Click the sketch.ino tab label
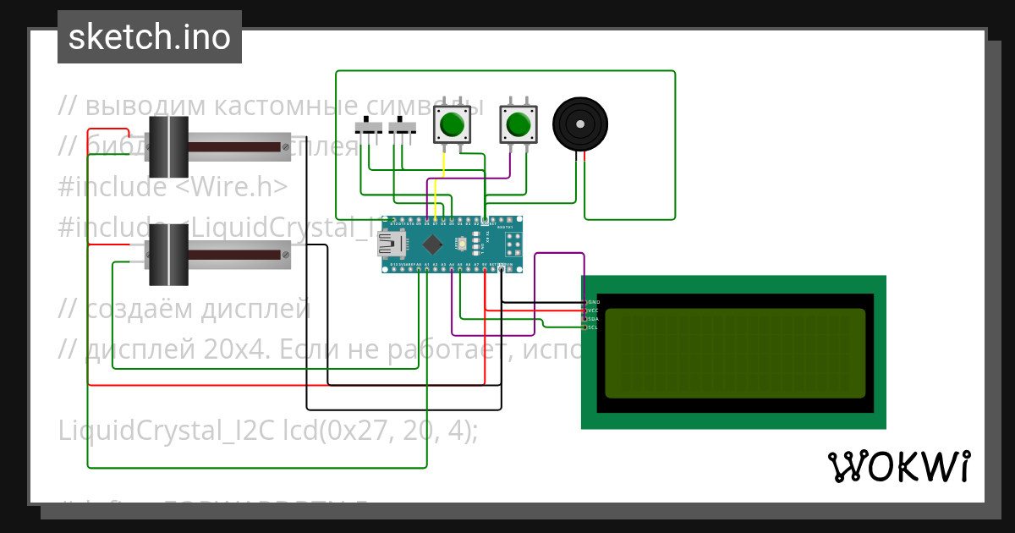tap(149, 37)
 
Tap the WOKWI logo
tap(899, 466)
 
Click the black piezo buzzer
tap(580, 124)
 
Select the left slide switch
tap(369, 128)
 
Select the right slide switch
tap(403, 128)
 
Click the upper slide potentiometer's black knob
tap(168, 146)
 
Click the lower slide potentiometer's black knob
tap(168, 254)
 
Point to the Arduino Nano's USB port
tap(390, 245)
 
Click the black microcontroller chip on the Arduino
tap(432, 245)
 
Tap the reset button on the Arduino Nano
tap(462, 245)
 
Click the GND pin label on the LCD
tap(594, 302)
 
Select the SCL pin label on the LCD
tap(594, 327)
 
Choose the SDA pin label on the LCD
tap(594, 319)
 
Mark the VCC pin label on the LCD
tap(594, 310)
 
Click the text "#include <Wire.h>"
tap(173, 187)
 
